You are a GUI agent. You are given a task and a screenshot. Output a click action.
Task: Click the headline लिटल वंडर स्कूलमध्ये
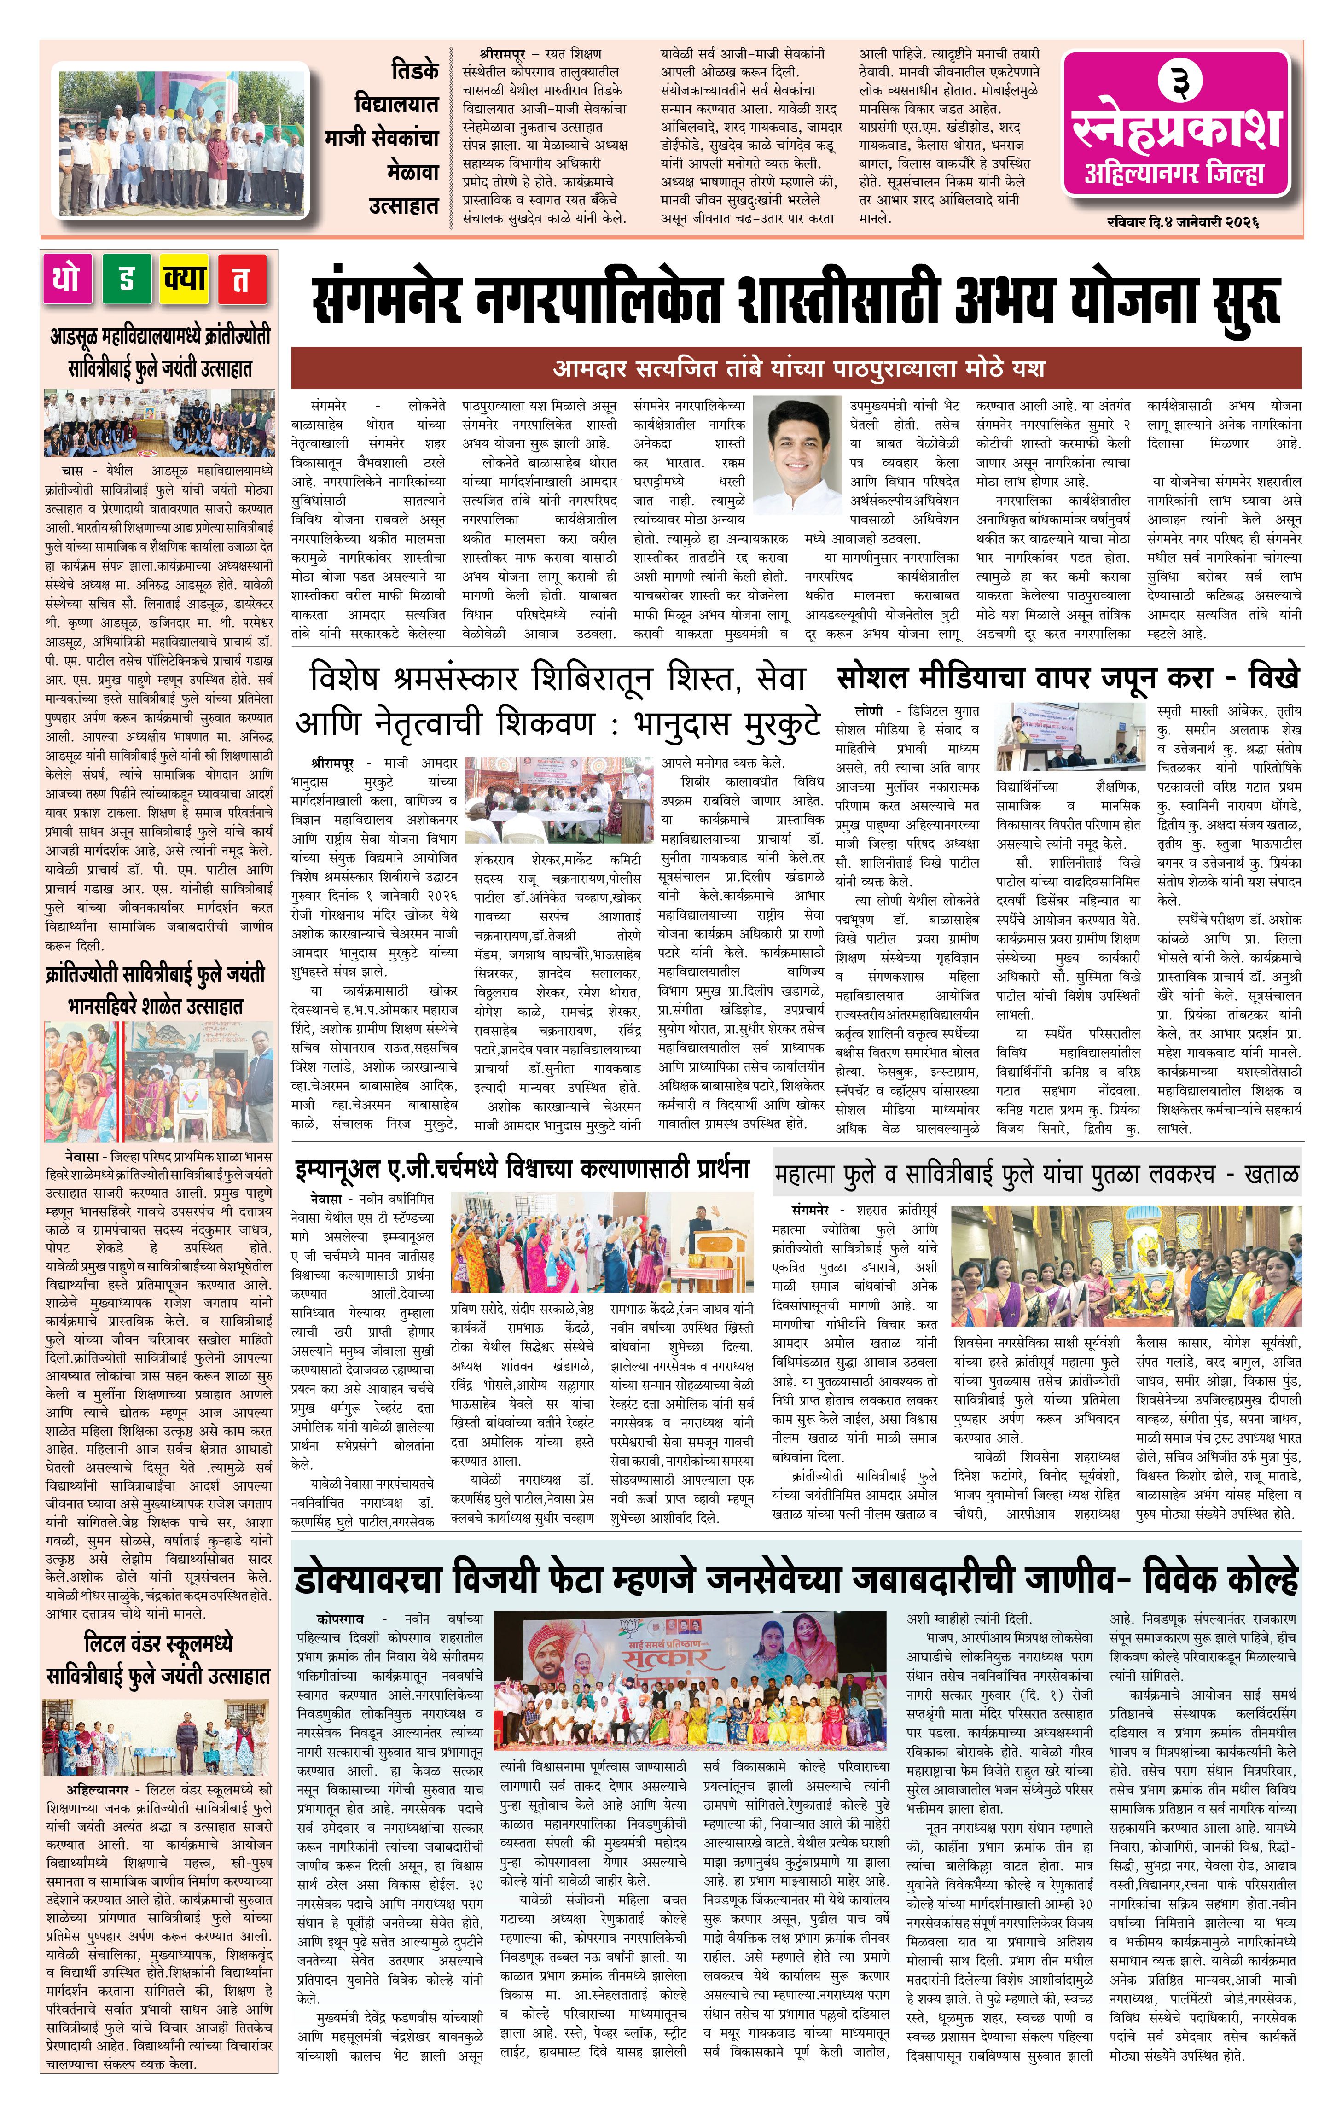coord(158,1643)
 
